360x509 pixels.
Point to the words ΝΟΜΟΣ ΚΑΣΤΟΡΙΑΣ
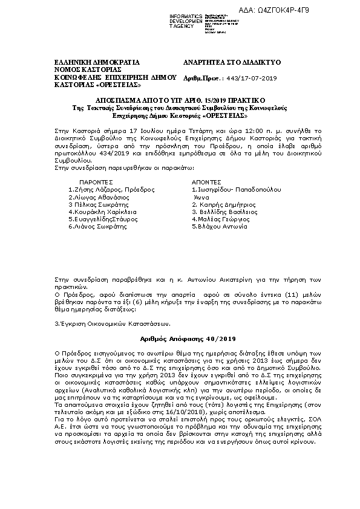coord(89,70)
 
